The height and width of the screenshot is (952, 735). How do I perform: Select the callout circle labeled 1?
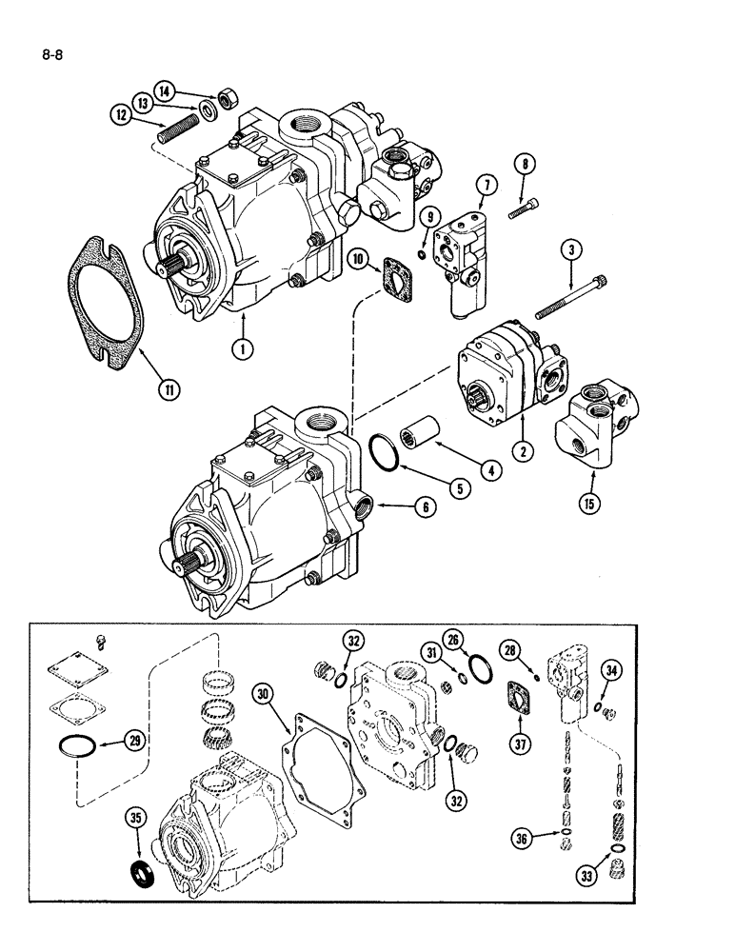pyautogui.click(x=244, y=349)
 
